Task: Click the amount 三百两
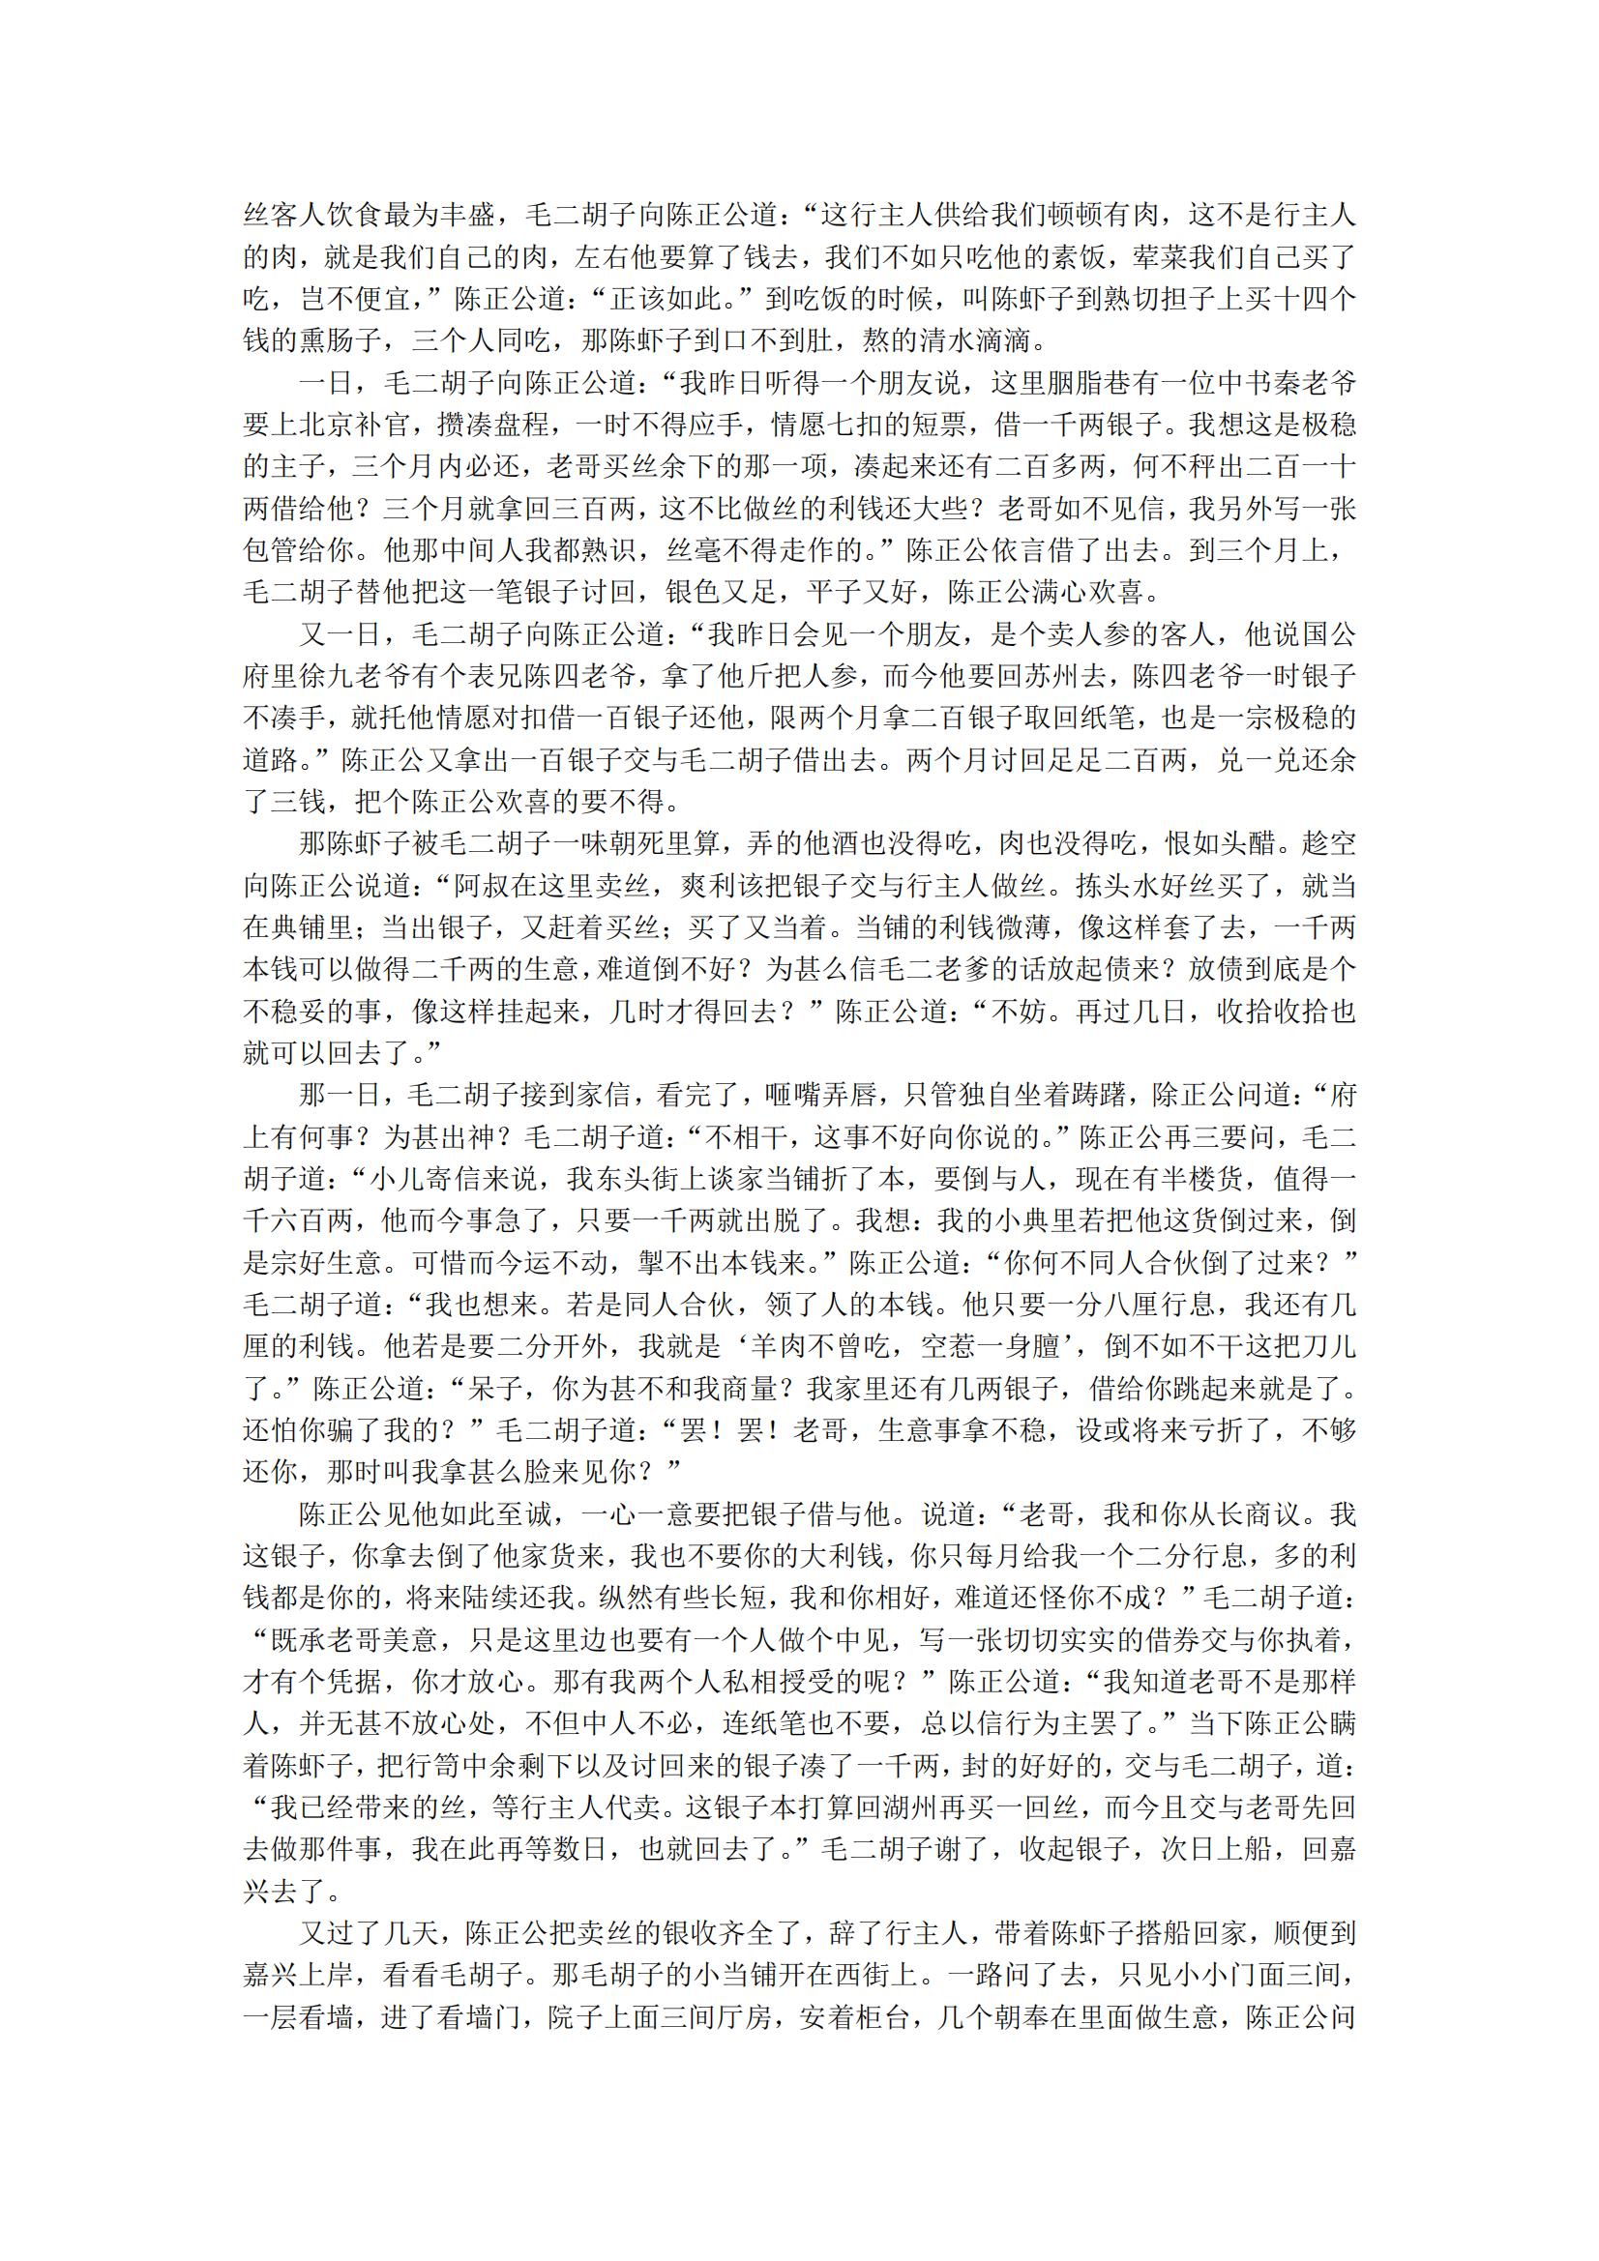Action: coord(581,509)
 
